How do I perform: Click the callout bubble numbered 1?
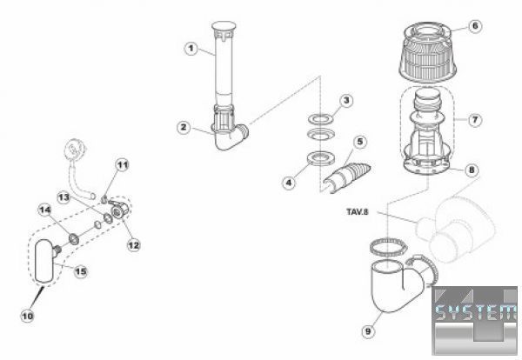[x=191, y=49]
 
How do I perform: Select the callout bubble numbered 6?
[x=475, y=25]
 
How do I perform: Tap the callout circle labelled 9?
[x=368, y=331]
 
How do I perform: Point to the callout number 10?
[x=27, y=316]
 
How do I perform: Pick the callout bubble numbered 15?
[x=81, y=271]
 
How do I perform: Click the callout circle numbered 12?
[x=133, y=245]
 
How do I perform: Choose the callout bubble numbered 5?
[x=360, y=142]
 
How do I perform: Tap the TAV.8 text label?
[x=358, y=211]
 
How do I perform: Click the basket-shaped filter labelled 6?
[x=428, y=52]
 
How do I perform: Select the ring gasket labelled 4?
[x=320, y=157]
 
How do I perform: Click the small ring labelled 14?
[x=74, y=238]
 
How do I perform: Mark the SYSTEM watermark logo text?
[x=475, y=312]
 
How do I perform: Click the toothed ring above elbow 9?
[x=389, y=247]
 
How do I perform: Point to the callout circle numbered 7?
[x=475, y=119]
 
